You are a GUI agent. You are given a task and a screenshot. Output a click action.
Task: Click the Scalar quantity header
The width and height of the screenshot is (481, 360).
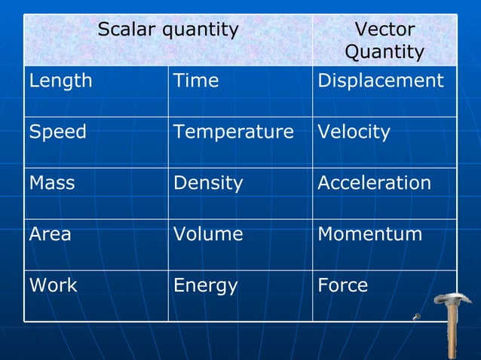click(167, 30)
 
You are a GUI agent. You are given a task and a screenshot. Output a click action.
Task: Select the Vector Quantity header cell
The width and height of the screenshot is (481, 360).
click(384, 41)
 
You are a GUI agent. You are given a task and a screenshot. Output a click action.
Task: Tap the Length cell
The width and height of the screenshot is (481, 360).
click(61, 81)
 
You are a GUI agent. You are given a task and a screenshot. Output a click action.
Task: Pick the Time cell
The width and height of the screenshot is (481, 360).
click(196, 81)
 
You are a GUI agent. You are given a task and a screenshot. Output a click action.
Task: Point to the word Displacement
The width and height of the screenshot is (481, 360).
click(381, 81)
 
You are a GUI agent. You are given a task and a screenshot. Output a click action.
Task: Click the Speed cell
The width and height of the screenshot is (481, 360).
click(58, 133)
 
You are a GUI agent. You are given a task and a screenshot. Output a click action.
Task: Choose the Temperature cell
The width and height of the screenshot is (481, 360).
click(233, 133)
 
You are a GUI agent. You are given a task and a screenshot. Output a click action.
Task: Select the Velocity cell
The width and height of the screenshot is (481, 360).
click(354, 133)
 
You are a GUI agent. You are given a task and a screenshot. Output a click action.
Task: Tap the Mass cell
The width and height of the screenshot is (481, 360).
click(52, 184)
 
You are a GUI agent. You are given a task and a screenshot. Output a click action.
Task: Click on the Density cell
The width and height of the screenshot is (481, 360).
click(208, 184)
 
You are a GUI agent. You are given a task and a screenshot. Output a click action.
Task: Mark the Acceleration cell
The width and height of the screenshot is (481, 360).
click(375, 184)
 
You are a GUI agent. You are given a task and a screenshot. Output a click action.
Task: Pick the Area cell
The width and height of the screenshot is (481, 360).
click(51, 234)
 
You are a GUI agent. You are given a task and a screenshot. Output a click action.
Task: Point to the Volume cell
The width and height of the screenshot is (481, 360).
click(208, 234)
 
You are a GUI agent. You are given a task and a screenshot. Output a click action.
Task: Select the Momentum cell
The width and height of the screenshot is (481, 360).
click(370, 234)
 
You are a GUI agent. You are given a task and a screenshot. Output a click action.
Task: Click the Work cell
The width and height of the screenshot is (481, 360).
click(53, 285)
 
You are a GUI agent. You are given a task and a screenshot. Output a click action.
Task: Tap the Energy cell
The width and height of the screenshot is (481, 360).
click(205, 285)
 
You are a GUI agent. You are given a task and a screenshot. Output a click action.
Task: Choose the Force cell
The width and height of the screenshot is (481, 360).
click(343, 285)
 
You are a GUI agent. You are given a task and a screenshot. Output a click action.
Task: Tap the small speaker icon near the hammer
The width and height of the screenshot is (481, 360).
click(416, 316)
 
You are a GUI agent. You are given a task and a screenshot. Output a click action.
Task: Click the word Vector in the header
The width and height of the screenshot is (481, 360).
click(384, 30)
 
